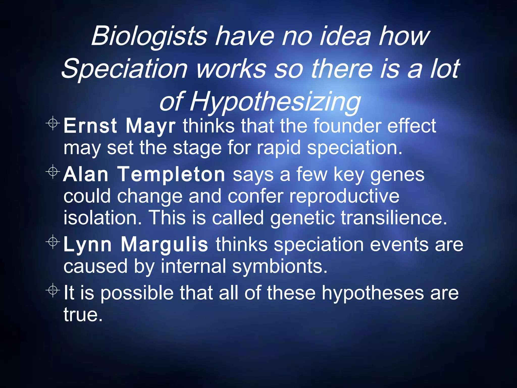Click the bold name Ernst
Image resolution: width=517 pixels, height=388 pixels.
[90, 126]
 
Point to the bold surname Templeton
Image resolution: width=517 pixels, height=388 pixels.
[172, 174]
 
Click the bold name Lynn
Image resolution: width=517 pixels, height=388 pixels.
[87, 245]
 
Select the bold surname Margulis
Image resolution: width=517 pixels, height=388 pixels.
[164, 245]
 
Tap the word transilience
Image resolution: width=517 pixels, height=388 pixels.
[394, 218]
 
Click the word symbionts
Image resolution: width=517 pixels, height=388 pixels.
[280, 266]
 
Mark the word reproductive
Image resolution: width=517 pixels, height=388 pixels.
[344, 196]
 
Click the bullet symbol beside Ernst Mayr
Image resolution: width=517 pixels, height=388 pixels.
[53, 123]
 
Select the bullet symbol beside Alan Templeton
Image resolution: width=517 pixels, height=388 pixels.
[53, 172]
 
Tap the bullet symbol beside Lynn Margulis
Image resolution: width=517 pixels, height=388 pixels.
[53, 242]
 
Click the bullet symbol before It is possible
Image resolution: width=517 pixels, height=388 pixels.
[53, 290]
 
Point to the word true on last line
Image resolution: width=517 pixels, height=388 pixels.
[83, 315]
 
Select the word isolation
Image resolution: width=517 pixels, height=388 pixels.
[102, 218]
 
